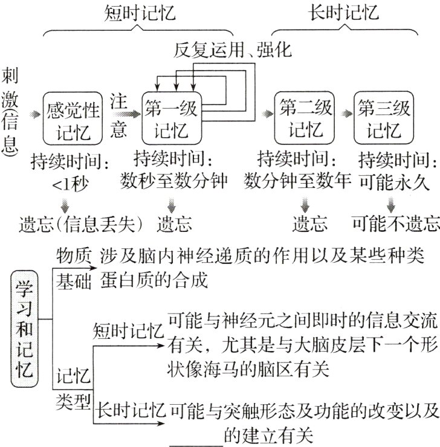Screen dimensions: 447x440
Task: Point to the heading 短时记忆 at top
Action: point(140,13)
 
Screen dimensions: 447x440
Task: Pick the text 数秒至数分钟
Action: point(173,181)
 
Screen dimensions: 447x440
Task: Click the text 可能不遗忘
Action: point(395,224)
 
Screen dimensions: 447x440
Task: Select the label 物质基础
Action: point(73,269)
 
